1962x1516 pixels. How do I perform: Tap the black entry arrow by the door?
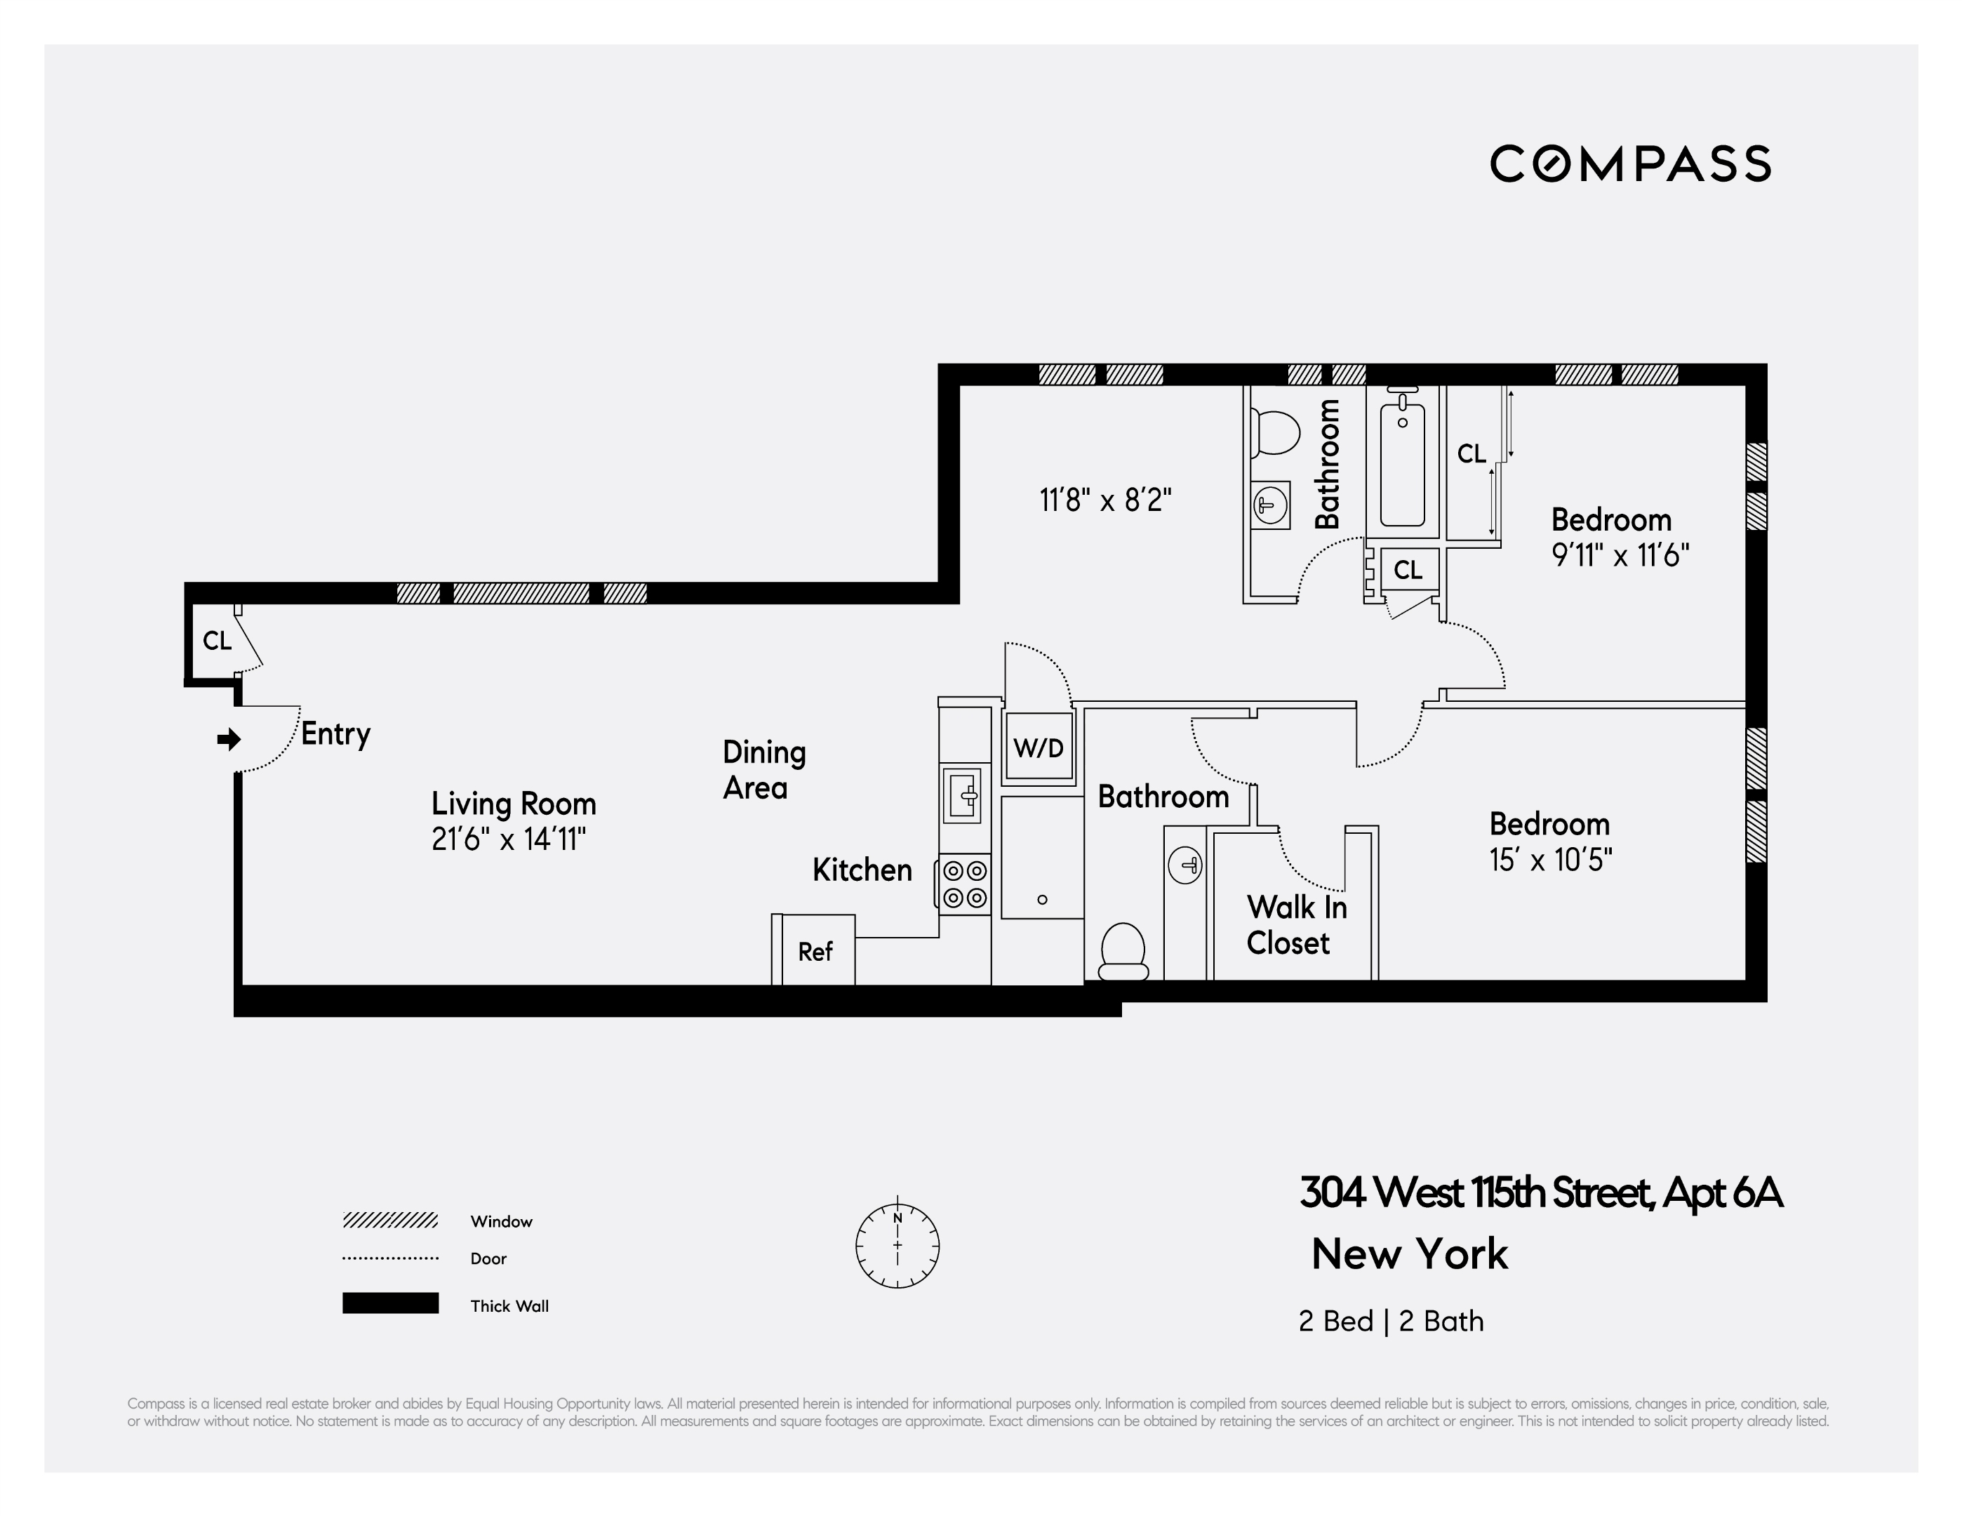click(x=229, y=738)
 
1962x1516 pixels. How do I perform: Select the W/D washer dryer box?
click(x=1039, y=747)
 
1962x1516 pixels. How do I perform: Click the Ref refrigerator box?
click(x=815, y=951)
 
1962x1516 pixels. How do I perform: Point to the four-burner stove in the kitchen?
click(x=965, y=884)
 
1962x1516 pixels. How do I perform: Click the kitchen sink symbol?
click(x=962, y=794)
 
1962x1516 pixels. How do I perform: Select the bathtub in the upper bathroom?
click(x=1401, y=465)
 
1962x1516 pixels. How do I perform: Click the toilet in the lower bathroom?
click(x=1123, y=952)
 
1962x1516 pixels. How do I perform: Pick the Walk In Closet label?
click(x=1295, y=925)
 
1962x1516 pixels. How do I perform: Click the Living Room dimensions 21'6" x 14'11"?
click(x=509, y=839)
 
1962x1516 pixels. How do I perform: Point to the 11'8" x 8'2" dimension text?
click(x=1105, y=500)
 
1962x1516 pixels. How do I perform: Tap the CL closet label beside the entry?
click(x=217, y=641)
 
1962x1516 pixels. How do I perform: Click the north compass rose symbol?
click(x=897, y=1246)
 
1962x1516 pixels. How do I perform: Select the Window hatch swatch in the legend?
click(x=390, y=1221)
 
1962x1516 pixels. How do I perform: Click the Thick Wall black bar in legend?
click(x=390, y=1303)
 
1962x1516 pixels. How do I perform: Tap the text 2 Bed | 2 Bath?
click(x=1391, y=1321)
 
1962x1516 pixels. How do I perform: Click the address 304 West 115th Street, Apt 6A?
click(x=1540, y=1192)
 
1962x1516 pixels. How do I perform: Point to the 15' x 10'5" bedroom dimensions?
click(x=1551, y=860)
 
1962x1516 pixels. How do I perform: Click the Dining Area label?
click(x=763, y=769)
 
